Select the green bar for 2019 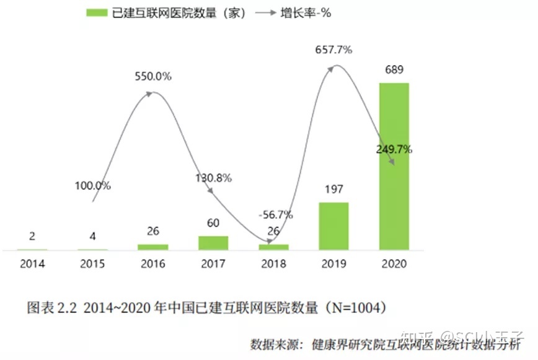[x=333, y=226]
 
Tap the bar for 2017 [x=213, y=243]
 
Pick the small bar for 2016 [x=153, y=247]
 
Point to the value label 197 [x=333, y=189]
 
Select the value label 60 [x=213, y=223]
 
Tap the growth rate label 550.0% [x=153, y=77]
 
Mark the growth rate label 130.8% [x=213, y=178]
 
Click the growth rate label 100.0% [x=93, y=185]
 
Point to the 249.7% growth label [x=394, y=149]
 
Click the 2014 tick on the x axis [x=32, y=264]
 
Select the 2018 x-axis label [x=273, y=264]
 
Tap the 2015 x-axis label [x=93, y=264]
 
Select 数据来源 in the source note [x=275, y=344]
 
